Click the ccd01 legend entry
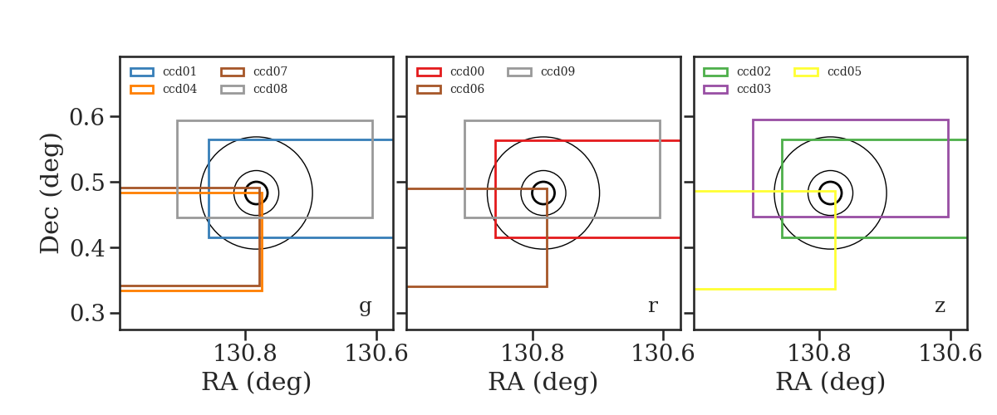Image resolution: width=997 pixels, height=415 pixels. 163,71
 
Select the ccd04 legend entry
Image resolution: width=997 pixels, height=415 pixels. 163,89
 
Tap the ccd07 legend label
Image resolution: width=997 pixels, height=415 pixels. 270,71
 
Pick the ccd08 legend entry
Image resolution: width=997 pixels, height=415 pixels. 253,89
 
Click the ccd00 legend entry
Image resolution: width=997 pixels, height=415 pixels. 450,71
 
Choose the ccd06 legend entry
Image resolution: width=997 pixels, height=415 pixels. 450,89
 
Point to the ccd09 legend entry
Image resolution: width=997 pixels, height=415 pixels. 541,71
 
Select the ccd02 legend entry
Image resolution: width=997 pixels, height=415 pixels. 737,71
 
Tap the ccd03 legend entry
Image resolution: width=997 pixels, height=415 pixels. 737,89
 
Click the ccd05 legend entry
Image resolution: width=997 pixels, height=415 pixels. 828,71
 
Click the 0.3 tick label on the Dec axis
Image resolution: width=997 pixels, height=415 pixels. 86,313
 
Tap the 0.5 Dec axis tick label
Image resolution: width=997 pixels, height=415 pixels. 86,183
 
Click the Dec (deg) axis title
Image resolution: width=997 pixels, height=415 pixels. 49,193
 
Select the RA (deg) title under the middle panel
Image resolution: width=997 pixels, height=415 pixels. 543,382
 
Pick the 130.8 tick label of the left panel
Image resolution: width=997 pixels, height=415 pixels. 245,354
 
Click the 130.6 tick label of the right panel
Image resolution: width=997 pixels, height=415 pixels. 950,354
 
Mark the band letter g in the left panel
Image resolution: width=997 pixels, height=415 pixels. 366,307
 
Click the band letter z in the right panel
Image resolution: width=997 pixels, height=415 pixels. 940,306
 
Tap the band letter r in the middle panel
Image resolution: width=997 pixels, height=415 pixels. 653,306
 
